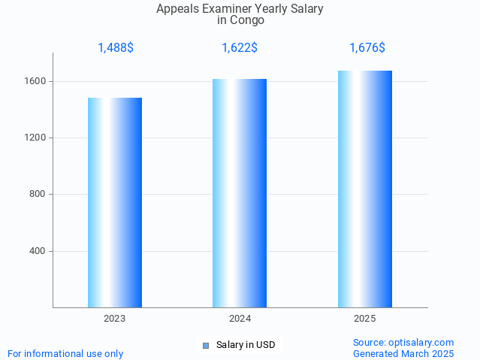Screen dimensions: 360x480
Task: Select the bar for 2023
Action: click(x=115, y=202)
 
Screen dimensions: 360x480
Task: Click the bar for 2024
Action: click(x=240, y=193)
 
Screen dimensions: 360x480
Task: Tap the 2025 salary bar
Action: click(x=365, y=189)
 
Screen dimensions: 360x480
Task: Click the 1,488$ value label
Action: click(x=116, y=48)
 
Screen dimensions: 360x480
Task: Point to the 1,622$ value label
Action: click(x=240, y=48)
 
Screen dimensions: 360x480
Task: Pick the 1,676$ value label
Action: click(x=367, y=48)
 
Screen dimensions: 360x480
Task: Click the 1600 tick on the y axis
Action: click(x=37, y=81)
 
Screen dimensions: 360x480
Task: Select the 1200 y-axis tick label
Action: click(x=37, y=138)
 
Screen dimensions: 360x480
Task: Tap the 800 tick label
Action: click(x=39, y=194)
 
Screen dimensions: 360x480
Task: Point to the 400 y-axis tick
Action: click(x=39, y=251)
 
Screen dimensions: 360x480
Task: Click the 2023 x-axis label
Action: click(x=115, y=319)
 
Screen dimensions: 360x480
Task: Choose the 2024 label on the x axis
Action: click(x=240, y=319)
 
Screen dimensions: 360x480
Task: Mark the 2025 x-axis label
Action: click(x=365, y=319)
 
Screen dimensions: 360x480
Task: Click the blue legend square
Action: click(x=206, y=346)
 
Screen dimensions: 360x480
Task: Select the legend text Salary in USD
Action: click(x=246, y=346)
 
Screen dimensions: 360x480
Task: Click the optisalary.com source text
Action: click(x=403, y=342)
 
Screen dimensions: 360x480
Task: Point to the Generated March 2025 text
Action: click(x=403, y=353)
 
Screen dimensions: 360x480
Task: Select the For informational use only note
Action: click(x=65, y=353)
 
